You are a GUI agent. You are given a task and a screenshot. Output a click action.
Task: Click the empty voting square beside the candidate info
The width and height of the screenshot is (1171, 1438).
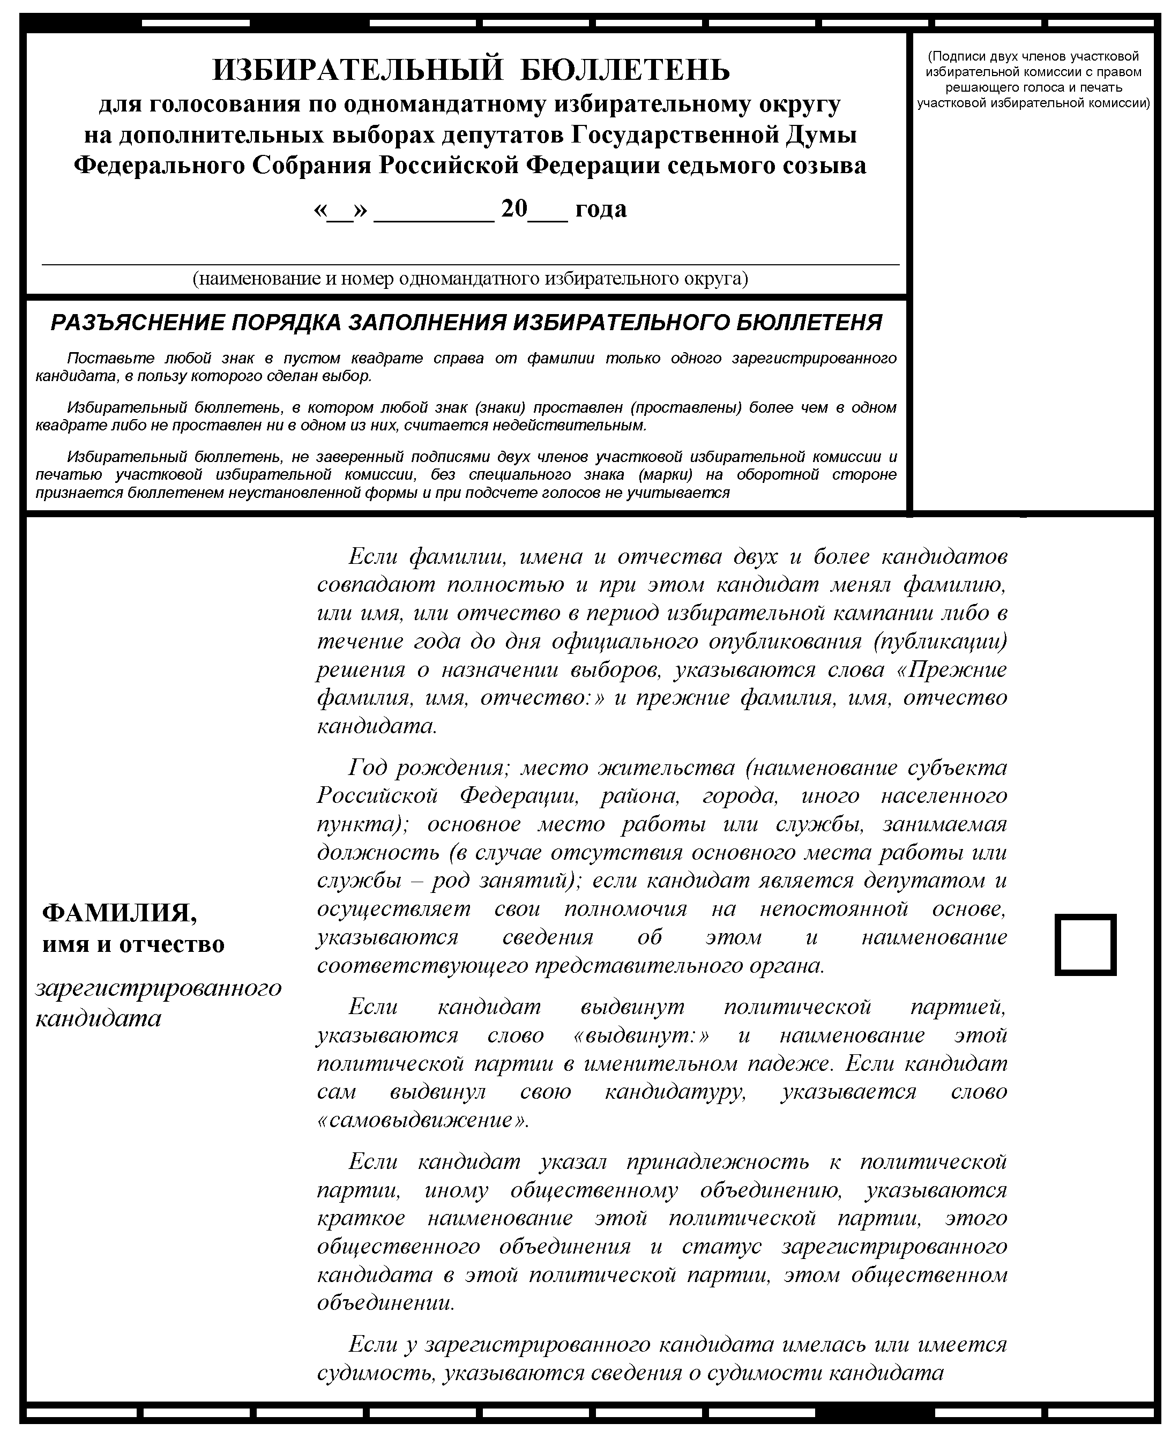coord(1085,945)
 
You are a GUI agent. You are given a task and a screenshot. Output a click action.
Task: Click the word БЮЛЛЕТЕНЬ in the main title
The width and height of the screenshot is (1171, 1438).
coord(626,70)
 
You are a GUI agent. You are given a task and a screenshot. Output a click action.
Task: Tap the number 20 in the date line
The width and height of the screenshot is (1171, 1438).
coord(514,208)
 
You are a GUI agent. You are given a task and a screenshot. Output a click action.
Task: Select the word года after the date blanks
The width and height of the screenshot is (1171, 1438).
coord(601,210)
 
